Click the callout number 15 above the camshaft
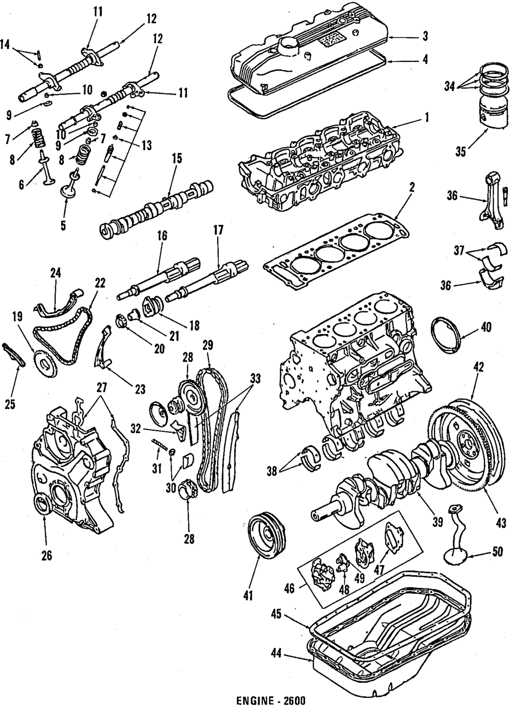click(176, 159)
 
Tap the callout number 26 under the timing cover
click(46, 555)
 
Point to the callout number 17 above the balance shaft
click(218, 230)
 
